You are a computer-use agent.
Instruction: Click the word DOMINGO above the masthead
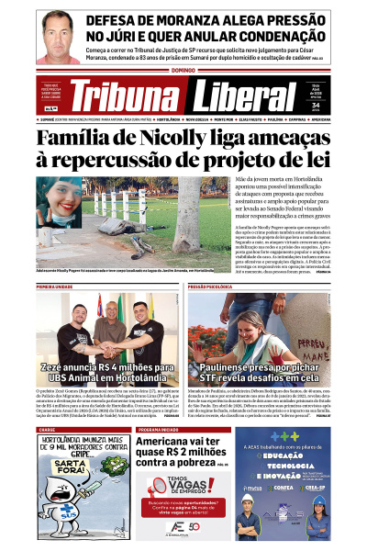tap(183, 71)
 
